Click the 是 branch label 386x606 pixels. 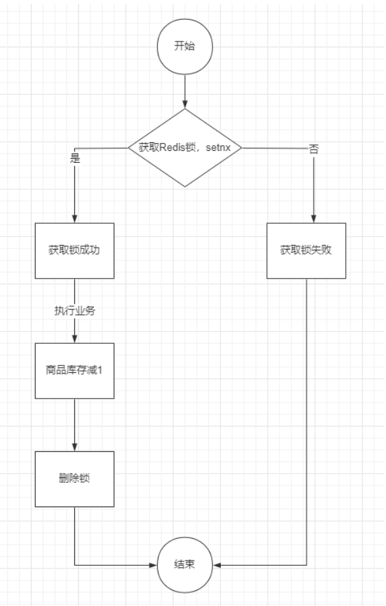tap(75, 157)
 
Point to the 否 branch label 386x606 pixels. tap(314, 149)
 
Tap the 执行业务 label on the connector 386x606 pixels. tap(74, 311)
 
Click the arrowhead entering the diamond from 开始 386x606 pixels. tap(185, 104)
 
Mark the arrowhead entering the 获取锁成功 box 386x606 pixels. tap(74, 219)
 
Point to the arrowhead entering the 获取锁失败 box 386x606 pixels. tap(314, 219)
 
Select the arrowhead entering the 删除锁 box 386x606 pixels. tap(74, 447)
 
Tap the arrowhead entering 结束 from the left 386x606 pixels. tap(153, 565)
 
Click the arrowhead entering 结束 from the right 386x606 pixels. tap(217, 565)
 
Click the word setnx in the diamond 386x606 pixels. tap(218, 148)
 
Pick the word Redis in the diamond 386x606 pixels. tap(172, 148)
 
